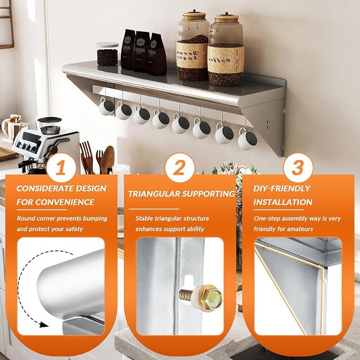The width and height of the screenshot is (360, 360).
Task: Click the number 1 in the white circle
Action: coord(61,168)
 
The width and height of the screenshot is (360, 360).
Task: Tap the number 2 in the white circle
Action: coord(179,168)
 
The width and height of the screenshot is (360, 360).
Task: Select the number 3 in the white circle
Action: coord(298,168)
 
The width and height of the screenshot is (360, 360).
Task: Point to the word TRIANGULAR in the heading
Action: coord(154,194)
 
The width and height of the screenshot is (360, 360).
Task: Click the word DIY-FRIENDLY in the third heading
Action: coord(282,189)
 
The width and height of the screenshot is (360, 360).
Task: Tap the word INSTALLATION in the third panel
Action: coord(283,203)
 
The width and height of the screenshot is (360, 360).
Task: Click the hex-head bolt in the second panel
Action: coord(200,298)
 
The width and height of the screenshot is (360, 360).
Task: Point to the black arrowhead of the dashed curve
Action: coord(43,324)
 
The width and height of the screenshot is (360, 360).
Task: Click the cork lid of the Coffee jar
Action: coord(226,19)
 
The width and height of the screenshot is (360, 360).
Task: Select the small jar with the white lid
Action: coord(107,54)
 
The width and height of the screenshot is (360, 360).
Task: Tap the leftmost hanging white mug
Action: coord(107,107)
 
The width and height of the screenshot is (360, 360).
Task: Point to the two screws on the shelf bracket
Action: coord(268,124)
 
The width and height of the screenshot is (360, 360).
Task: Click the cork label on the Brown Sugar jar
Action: coord(192,55)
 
